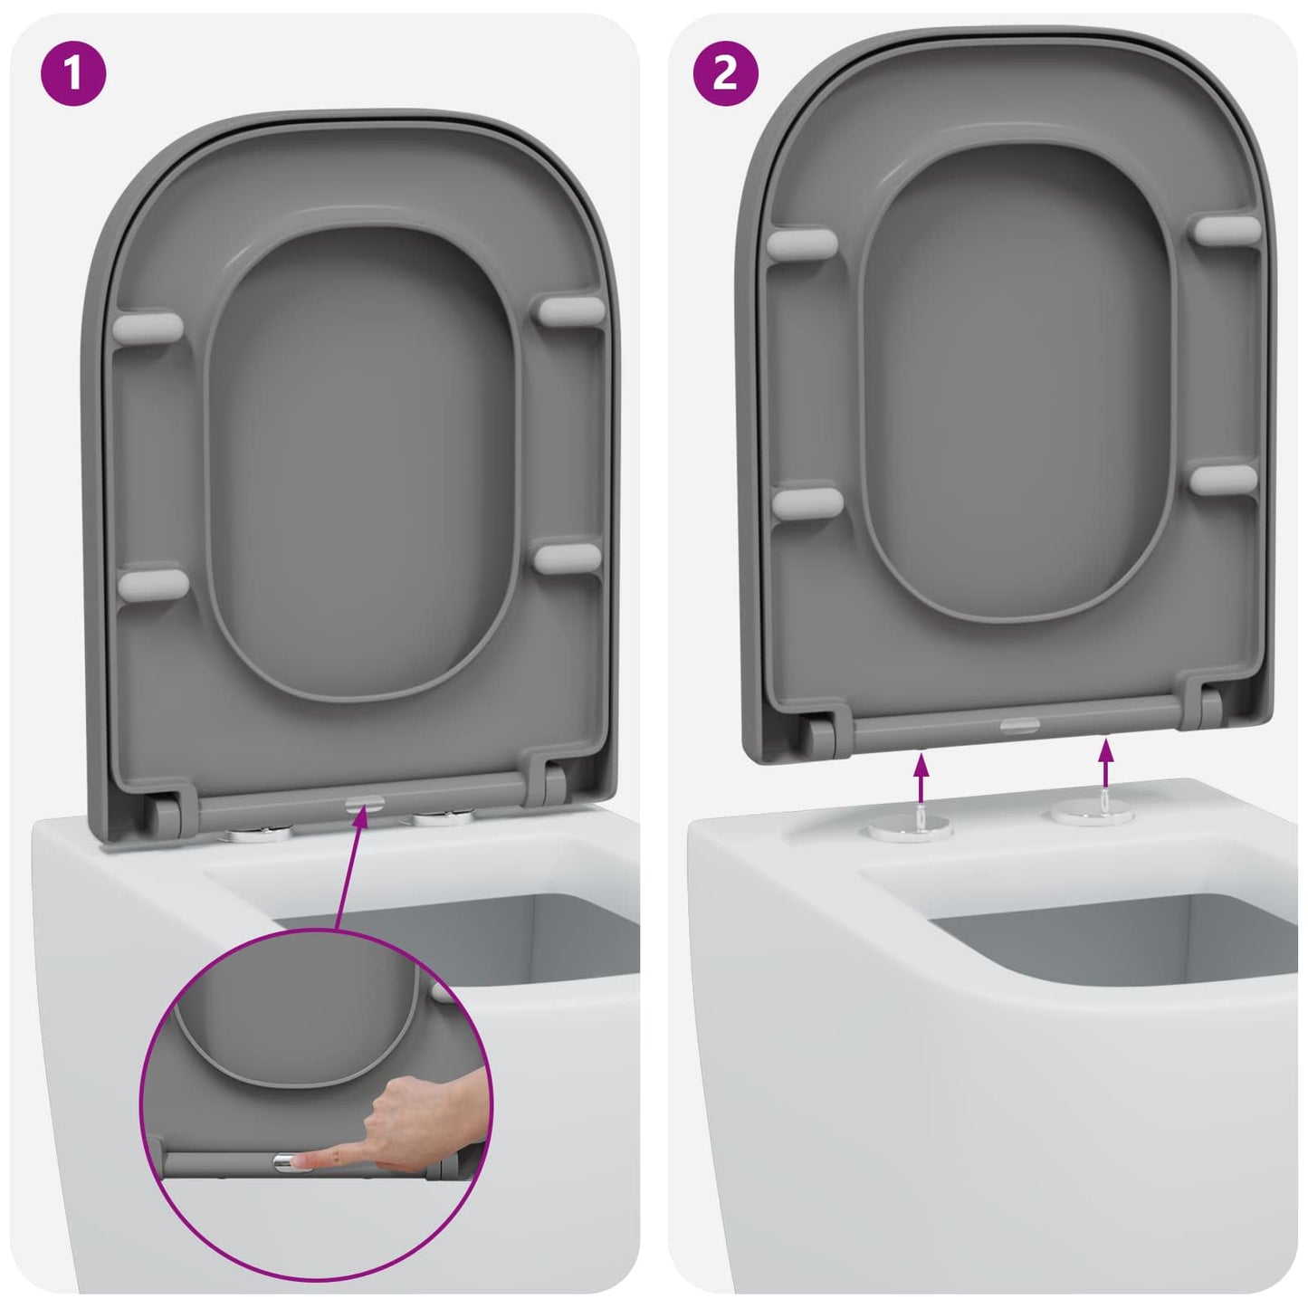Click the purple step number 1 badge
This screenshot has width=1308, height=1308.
(x=73, y=73)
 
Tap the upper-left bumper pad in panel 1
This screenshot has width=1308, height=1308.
(x=148, y=327)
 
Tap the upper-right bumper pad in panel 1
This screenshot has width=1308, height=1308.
(x=570, y=310)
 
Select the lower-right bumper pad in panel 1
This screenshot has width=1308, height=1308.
(x=568, y=557)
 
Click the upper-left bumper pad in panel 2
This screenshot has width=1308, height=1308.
(x=803, y=243)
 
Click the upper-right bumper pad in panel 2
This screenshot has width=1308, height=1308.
(x=1227, y=229)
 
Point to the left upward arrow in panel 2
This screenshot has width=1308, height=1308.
(x=921, y=777)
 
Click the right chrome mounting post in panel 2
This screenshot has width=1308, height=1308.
(x=1091, y=813)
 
